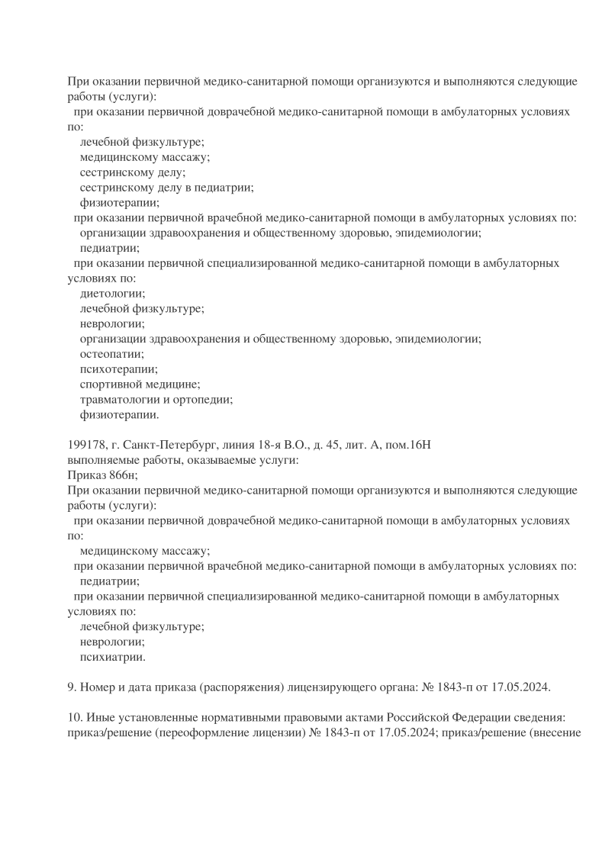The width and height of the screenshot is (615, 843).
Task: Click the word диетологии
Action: [112, 293]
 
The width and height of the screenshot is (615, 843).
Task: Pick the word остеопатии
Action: [112, 354]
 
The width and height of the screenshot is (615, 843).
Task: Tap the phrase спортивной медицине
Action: [140, 384]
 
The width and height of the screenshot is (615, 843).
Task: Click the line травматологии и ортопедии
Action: [156, 399]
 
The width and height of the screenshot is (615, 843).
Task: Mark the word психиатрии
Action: [112, 656]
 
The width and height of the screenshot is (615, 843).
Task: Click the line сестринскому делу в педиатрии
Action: [166, 187]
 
